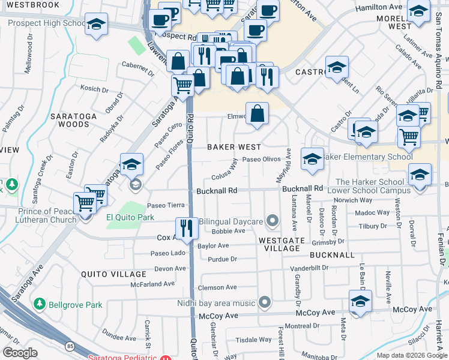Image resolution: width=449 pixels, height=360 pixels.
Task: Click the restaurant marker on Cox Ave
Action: click(186, 228)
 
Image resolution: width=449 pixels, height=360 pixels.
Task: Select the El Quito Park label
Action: click(130, 217)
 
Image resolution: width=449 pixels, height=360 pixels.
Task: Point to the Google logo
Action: click(20, 353)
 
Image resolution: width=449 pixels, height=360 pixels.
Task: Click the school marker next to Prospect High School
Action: click(96, 24)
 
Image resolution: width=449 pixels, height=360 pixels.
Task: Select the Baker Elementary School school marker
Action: click(312, 159)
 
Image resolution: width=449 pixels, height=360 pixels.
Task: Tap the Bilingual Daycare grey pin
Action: click(273, 221)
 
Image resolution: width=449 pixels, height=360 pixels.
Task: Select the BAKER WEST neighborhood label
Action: click(234, 147)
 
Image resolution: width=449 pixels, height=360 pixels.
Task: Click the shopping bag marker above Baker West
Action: click(257, 113)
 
